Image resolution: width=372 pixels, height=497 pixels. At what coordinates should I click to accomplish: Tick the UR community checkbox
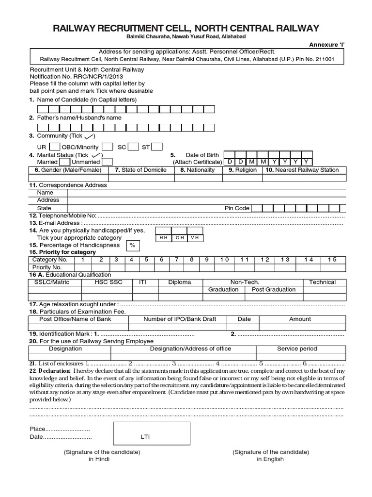tap(55, 147)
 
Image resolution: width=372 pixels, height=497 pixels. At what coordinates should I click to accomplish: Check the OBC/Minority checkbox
tap(108, 147)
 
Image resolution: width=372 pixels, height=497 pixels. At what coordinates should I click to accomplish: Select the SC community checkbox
tap(134, 147)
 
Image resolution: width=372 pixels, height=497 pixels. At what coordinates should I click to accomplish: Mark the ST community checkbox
tap(157, 147)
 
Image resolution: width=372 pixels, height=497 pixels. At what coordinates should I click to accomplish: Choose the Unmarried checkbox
tap(107, 162)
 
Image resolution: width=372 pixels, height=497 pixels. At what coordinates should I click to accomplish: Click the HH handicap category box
tap(163, 238)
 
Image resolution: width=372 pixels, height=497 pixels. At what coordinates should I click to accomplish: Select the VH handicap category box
tap(195, 238)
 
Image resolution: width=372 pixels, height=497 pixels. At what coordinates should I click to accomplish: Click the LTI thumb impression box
tap(145, 437)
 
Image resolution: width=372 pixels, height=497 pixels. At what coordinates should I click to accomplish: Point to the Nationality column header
tap(198, 170)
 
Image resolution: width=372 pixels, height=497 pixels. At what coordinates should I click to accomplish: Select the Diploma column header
tap(179, 282)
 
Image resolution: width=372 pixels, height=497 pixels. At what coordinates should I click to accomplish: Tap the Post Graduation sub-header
tap(273, 290)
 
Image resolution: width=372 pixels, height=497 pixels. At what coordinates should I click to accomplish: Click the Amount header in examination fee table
tap(300, 319)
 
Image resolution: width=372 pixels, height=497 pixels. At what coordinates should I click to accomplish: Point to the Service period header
tap(297, 348)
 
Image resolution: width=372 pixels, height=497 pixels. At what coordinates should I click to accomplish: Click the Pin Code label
tap(237, 208)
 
